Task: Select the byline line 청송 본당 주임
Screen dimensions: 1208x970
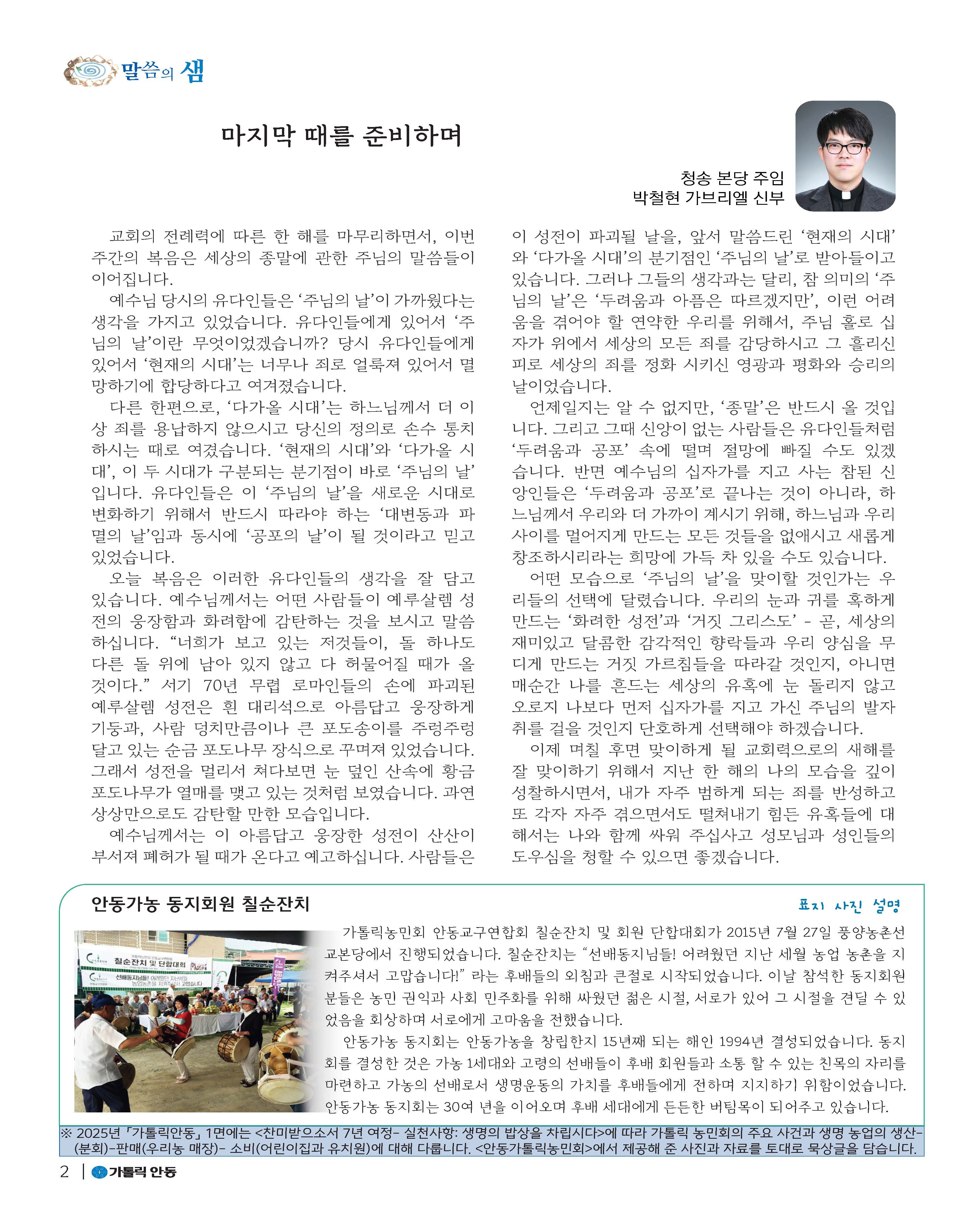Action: (732, 178)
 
